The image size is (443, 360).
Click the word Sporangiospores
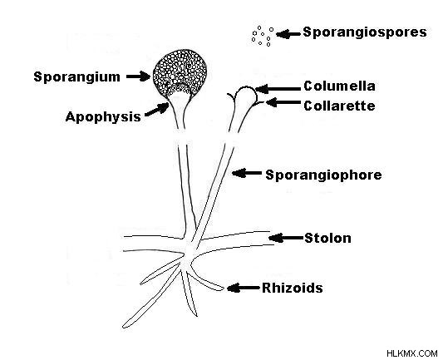[x=365, y=32]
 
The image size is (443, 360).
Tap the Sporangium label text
[x=76, y=76]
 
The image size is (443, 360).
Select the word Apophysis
[x=103, y=116]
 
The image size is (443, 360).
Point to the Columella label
[x=339, y=86]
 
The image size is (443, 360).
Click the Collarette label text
[x=339, y=106]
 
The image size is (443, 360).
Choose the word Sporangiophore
[x=323, y=175]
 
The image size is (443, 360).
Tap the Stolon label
[x=327, y=239]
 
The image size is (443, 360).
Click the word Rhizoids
[x=292, y=288]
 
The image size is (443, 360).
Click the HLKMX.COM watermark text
[x=412, y=353]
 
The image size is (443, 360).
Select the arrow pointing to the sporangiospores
[x=288, y=34]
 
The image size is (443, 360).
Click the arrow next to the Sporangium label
[x=138, y=76]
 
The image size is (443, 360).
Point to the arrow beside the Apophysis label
[x=157, y=110]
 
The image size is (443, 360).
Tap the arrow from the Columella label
[x=278, y=89]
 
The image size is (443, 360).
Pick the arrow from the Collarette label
[x=283, y=102]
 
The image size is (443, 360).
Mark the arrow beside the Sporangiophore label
[x=247, y=173]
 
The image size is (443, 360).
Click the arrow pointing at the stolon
[x=286, y=238]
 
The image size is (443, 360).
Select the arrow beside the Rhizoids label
[x=243, y=288]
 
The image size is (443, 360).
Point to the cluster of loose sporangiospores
[x=263, y=36]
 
